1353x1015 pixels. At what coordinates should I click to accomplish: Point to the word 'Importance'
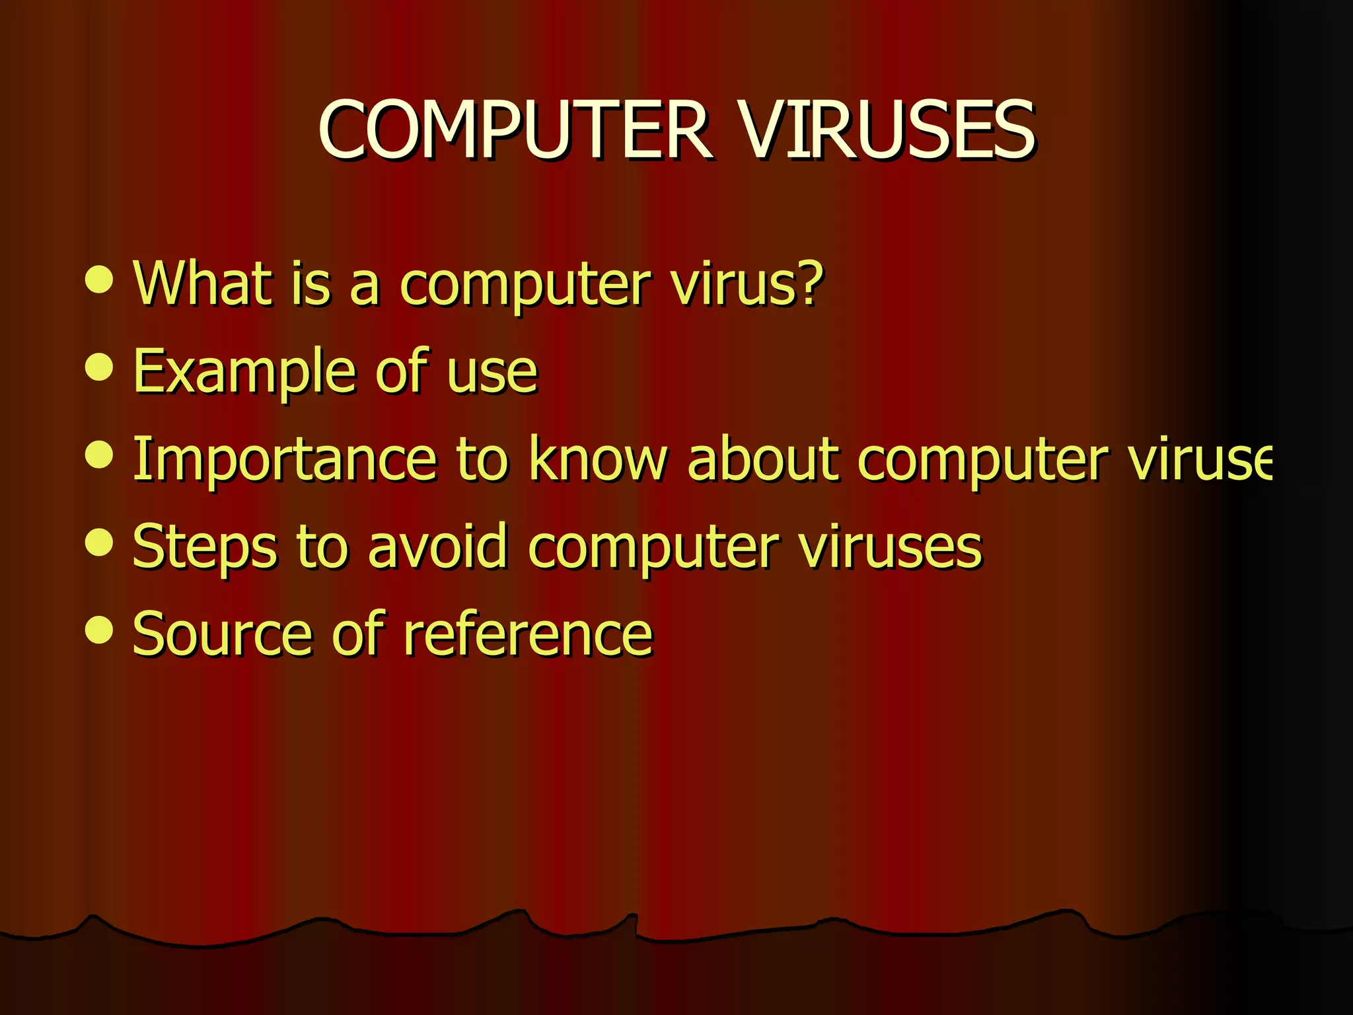284,459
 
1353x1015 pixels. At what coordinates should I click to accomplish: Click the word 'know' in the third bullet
598,459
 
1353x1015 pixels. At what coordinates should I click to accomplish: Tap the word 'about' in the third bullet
763,459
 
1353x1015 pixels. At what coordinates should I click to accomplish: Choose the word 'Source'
221,634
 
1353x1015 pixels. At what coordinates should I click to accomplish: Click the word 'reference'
528,634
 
